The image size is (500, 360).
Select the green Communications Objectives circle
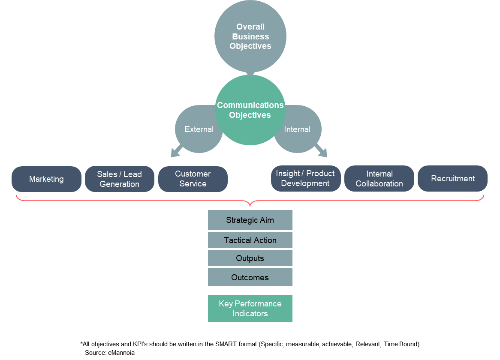(x=250, y=110)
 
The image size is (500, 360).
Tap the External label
(x=199, y=129)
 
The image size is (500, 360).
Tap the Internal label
(x=297, y=129)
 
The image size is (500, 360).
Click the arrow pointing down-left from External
(x=177, y=151)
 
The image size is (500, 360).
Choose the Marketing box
(x=46, y=179)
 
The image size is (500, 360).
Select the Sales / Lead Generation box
(x=119, y=179)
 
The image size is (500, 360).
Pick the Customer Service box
(x=193, y=179)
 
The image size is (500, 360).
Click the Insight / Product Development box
(x=305, y=178)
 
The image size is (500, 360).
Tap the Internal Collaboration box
(x=379, y=179)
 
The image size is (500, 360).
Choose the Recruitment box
(x=452, y=179)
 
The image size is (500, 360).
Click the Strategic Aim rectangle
(x=250, y=220)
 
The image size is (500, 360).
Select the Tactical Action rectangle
(x=250, y=240)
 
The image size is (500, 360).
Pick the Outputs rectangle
(x=250, y=258)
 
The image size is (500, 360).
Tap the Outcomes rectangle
(x=250, y=277)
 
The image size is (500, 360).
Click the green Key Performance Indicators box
(x=250, y=309)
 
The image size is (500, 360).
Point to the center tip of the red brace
(x=250, y=205)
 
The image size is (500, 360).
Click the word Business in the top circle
(x=250, y=36)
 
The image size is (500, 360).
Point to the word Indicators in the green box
(x=250, y=314)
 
